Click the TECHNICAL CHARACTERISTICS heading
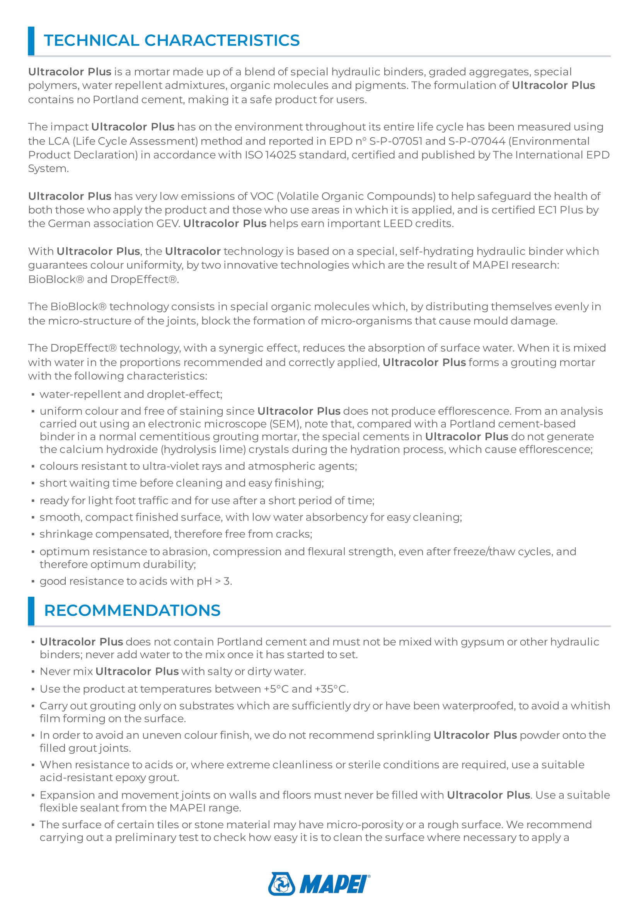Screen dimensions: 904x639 click(172, 41)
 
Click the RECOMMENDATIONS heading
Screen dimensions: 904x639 click(132, 610)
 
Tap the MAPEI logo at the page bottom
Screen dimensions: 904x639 click(319, 884)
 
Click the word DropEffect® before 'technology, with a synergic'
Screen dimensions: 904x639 click(84, 348)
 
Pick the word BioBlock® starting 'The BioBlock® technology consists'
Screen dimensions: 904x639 click(79, 307)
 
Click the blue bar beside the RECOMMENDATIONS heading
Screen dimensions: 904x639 click(31, 611)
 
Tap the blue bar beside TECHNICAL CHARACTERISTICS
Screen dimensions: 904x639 click(31, 41)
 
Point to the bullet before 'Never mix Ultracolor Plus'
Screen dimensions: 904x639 click(33, 672)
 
